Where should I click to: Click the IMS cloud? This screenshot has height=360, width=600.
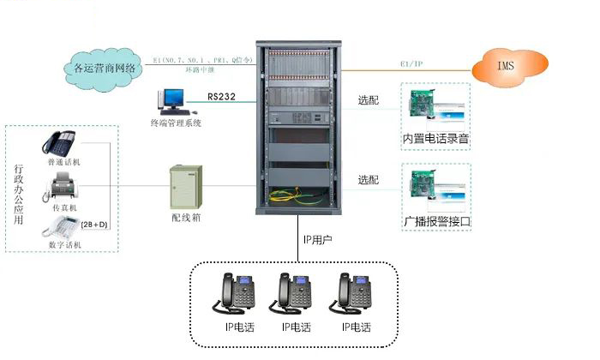(x=511, y=64)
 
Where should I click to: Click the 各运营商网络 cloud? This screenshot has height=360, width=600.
(x=105, y=66)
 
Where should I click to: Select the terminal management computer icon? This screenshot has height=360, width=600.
(x=171, y=101)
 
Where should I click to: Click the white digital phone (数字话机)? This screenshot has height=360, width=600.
(x=60, y=228)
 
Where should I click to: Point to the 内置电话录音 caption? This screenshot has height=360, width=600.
(x=436, y=139)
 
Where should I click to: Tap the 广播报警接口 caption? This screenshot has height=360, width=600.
(x=436, y=221)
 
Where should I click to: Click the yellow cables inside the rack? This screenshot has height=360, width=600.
(x=299, y=196)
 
